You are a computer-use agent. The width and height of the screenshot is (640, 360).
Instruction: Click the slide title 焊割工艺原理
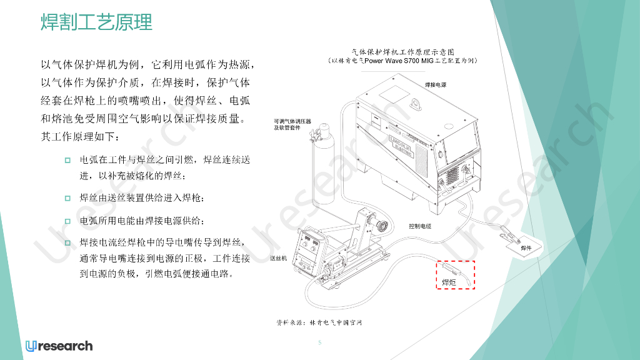[x=96, y=23]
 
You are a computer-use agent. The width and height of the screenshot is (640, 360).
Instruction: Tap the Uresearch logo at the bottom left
[x=59, y=346]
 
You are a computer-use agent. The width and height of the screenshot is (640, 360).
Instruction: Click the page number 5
[x=319, y=342]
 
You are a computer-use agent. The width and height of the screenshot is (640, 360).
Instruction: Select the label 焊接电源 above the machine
[x=436, y=84]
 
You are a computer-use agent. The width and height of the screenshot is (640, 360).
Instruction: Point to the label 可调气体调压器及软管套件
[x=291, y=124]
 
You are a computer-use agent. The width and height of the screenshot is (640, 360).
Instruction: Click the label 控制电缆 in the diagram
[x=420, y=226]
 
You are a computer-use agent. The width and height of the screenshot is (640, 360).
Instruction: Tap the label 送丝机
[x=278, y=258]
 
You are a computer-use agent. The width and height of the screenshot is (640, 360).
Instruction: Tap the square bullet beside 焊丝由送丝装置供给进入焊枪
[x=68, y=198]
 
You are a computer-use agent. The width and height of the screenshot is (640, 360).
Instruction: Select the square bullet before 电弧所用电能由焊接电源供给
[x=68, y=221]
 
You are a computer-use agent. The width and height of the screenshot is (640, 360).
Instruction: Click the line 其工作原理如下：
[x=79, y=136]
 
